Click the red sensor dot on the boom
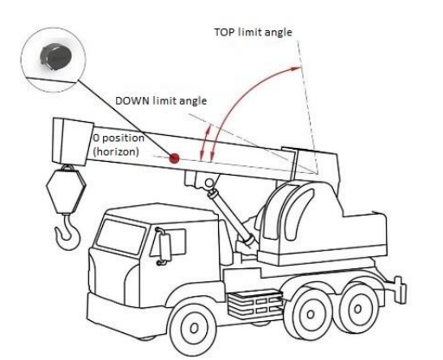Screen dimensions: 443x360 tap(174, 158)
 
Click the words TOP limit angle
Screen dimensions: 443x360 tap(253, 32)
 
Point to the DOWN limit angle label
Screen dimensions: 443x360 tap(161, 100)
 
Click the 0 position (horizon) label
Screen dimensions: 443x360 tap(119, 145)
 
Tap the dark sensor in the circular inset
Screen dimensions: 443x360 tap(55, 57)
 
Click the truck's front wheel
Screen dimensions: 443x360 tap(193, 327)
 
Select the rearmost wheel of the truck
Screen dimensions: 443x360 tap(357, 309)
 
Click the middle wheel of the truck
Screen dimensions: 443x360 tap(310, 314)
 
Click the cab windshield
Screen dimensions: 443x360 tap(120, 236)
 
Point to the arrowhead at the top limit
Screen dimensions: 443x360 tap(295, 68)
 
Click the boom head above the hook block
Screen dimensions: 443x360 tap(73, 141)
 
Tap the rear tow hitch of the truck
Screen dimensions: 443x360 tap(400, 289)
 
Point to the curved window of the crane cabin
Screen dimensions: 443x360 tap(300, 215)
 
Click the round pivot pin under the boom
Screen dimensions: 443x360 tap(209, 183)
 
